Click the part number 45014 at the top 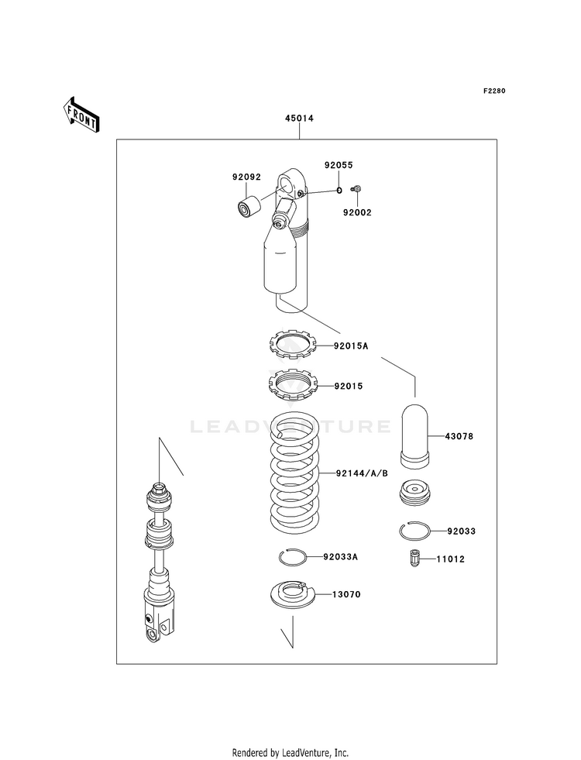pos(298,119)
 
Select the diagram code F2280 pos(494,91)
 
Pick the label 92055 pos(339,165)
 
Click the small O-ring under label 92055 pos(339,190)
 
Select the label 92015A pos(351,346)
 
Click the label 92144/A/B pos(362,473)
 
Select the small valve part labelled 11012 pos(414,558)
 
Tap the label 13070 pos(347,595)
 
